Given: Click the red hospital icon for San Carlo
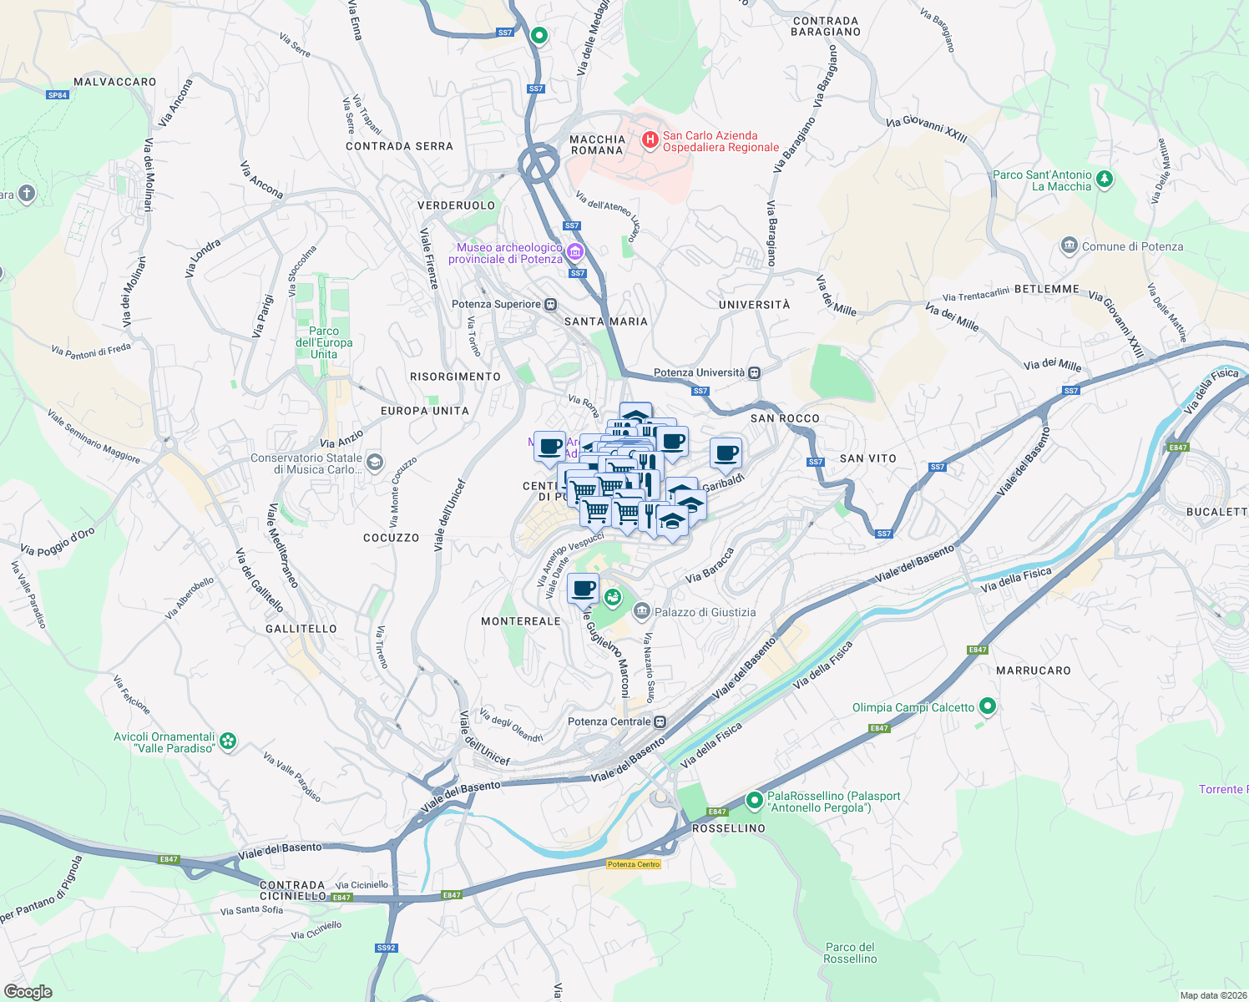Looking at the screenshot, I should coord(650,140).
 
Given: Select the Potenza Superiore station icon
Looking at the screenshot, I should coord(550,305).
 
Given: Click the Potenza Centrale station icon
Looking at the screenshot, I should coord(660,721).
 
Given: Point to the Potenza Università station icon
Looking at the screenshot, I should coord(754,373).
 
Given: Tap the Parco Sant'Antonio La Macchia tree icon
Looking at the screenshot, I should coord(1105,179).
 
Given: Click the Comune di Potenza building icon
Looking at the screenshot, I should coord(1069,246).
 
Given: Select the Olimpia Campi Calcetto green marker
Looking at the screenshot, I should coord(988,707).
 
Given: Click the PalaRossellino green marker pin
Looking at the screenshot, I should coord(754,801).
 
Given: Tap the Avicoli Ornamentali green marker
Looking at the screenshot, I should coord(228,741).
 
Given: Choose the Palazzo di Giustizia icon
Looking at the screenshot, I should coord(641,612).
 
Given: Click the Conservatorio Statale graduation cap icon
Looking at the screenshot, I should coord(375,463).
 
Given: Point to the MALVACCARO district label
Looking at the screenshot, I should coord(115,82).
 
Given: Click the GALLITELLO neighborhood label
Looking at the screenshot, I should coord(301,629).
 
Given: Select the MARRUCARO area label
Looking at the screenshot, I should coord(1033,671).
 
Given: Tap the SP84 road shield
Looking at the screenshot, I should coord(57,95).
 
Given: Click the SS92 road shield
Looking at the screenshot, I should coord(386,948).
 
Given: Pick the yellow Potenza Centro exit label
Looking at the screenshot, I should coord(634,864).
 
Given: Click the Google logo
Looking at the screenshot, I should coord(28,992).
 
